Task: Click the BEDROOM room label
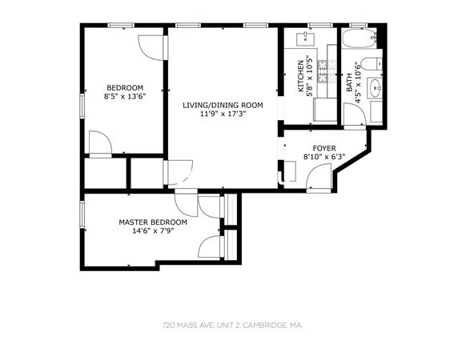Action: coord(125,88)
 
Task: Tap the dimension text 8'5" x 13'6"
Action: coord(125,96)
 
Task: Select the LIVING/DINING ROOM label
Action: coord(223,105)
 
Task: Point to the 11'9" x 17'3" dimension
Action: coord(223,114)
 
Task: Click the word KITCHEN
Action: coord(301,76)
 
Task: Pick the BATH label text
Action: coord(349,82)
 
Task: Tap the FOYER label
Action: coord(324,148)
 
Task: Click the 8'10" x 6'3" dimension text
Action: coord(324,157)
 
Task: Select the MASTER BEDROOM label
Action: coord(153,222)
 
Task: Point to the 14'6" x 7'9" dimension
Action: coord(153,230)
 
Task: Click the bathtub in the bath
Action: coord(359,38)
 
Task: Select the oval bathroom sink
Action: coord(375,88)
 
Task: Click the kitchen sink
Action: coord(306,39)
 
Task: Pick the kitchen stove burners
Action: coord(323,71)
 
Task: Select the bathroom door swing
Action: coord(355,114)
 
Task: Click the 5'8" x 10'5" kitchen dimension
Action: coord(309,76)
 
